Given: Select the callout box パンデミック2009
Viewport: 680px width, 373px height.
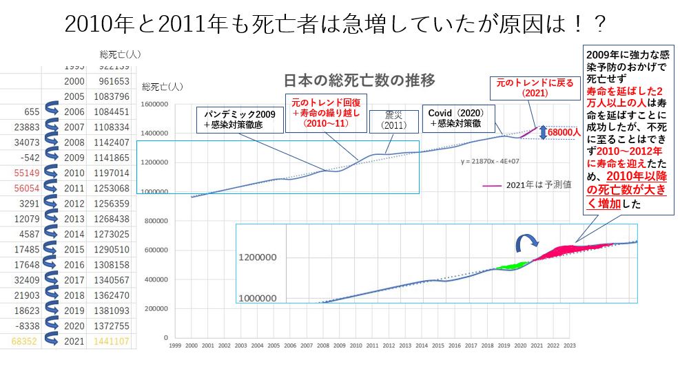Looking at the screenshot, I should point(238,120).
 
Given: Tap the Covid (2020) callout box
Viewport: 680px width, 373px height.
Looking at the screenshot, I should point(456,117).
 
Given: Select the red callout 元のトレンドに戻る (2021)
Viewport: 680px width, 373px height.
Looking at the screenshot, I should point(530,87).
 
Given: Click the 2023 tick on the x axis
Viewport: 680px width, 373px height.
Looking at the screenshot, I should point(568,346).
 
